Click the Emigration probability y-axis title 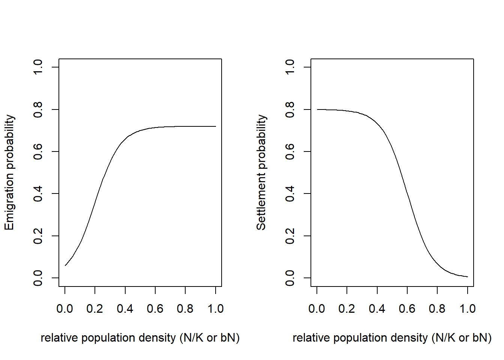(x=9, y=172)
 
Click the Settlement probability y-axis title (x=261, y=172)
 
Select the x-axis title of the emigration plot (x=140, y=338)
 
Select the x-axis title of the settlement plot (x=392, y=338)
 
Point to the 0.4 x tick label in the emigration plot (x=125, y=309)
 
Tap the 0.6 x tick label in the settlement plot (x=407, y=309)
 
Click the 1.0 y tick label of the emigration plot (x=38, y=67)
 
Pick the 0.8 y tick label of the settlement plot (x=290, y=109)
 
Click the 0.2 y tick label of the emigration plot (x=38, y=236)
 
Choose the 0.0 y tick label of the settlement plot (x=290, y=278)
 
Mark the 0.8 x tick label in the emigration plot (x=185, y=309)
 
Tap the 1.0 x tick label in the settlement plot (x=468, y=309)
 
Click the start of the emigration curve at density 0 (x=65, y=265)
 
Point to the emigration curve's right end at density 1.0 (x=216, y=126)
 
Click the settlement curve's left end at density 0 (x=317, y=109)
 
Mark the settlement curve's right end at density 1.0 (x=468, y=277)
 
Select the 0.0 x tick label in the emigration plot (x=64, y=309)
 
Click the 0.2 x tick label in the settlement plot (x=347, y=309)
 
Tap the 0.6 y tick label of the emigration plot (x=38, y=151)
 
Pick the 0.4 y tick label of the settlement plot (x=290, y=193)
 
